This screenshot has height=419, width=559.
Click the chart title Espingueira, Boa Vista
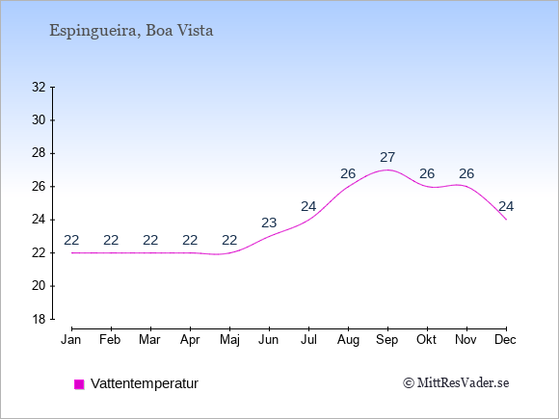pyautogui.click(x=131, y=31)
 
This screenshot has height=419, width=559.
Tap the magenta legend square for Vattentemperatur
pyautogui.click(x=79, y=384)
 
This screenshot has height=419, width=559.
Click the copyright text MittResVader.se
pyautogui.click(x=456, y=383)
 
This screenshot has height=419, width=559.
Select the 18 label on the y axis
pyautogui.click(x=39, y=319)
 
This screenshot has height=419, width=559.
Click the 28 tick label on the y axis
pyautogui.click(x=39, y=153)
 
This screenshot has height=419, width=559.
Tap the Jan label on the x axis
pyautogui.click(x=71, y=340)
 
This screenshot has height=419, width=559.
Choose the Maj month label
pyautogui.click(x=229, y=340)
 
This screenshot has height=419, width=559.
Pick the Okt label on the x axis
pyautogui.click(x=426, y=340)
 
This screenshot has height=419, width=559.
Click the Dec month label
pyautogui.click(x=506, y=340)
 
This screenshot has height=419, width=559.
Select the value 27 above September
pyautogui.click(x=387, y=157)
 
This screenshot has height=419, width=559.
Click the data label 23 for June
pyautogui.click(x=269, y=223)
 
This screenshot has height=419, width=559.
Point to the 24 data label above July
pyautogui.click(x=308, y=207)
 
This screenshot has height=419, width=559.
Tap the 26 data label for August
pyautogui.click(x=348, y=174)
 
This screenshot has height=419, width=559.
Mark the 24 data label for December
pyautogui.click(x=506, y=207)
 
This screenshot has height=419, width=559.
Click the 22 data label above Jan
pyautogui.click(x=71, y=241)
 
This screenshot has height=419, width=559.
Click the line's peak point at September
pyautogui.click(x=387, y=170)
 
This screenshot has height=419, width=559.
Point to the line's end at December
pyautogui.click(x=506, y=220)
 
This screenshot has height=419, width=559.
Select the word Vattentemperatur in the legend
pyautogui.click(x=145, y=383)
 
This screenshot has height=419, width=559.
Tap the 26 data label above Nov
pyautogui.click(x=466, y=174)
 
